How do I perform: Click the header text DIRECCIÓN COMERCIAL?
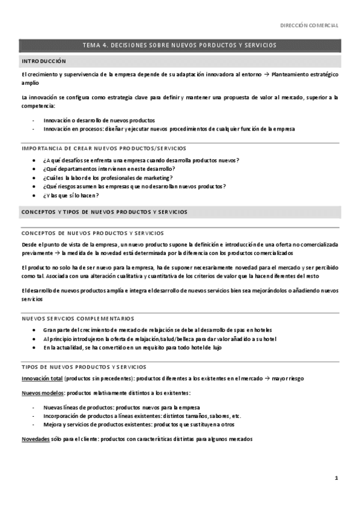tap(310, 25)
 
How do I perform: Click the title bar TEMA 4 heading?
tap(180, 45)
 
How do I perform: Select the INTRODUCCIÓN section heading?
tap(44, 61)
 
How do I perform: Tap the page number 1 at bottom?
tap(337, 478)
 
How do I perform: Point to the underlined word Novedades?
tap(35, 439)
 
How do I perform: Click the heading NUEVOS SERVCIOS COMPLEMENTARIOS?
tap(78, 318)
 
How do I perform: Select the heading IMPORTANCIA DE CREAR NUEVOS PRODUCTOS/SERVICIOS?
tap(103, 148)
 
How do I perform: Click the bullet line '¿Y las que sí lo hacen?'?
tap(71, 195)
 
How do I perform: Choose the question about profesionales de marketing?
tap(108, 177)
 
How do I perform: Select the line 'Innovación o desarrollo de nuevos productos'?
tap(99, 120)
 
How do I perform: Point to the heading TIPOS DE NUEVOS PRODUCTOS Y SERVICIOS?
tap(83, 366)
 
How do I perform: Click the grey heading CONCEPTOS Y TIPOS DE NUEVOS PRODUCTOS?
tap(104, 212)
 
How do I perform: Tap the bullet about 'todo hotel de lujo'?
tap(132, 348)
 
